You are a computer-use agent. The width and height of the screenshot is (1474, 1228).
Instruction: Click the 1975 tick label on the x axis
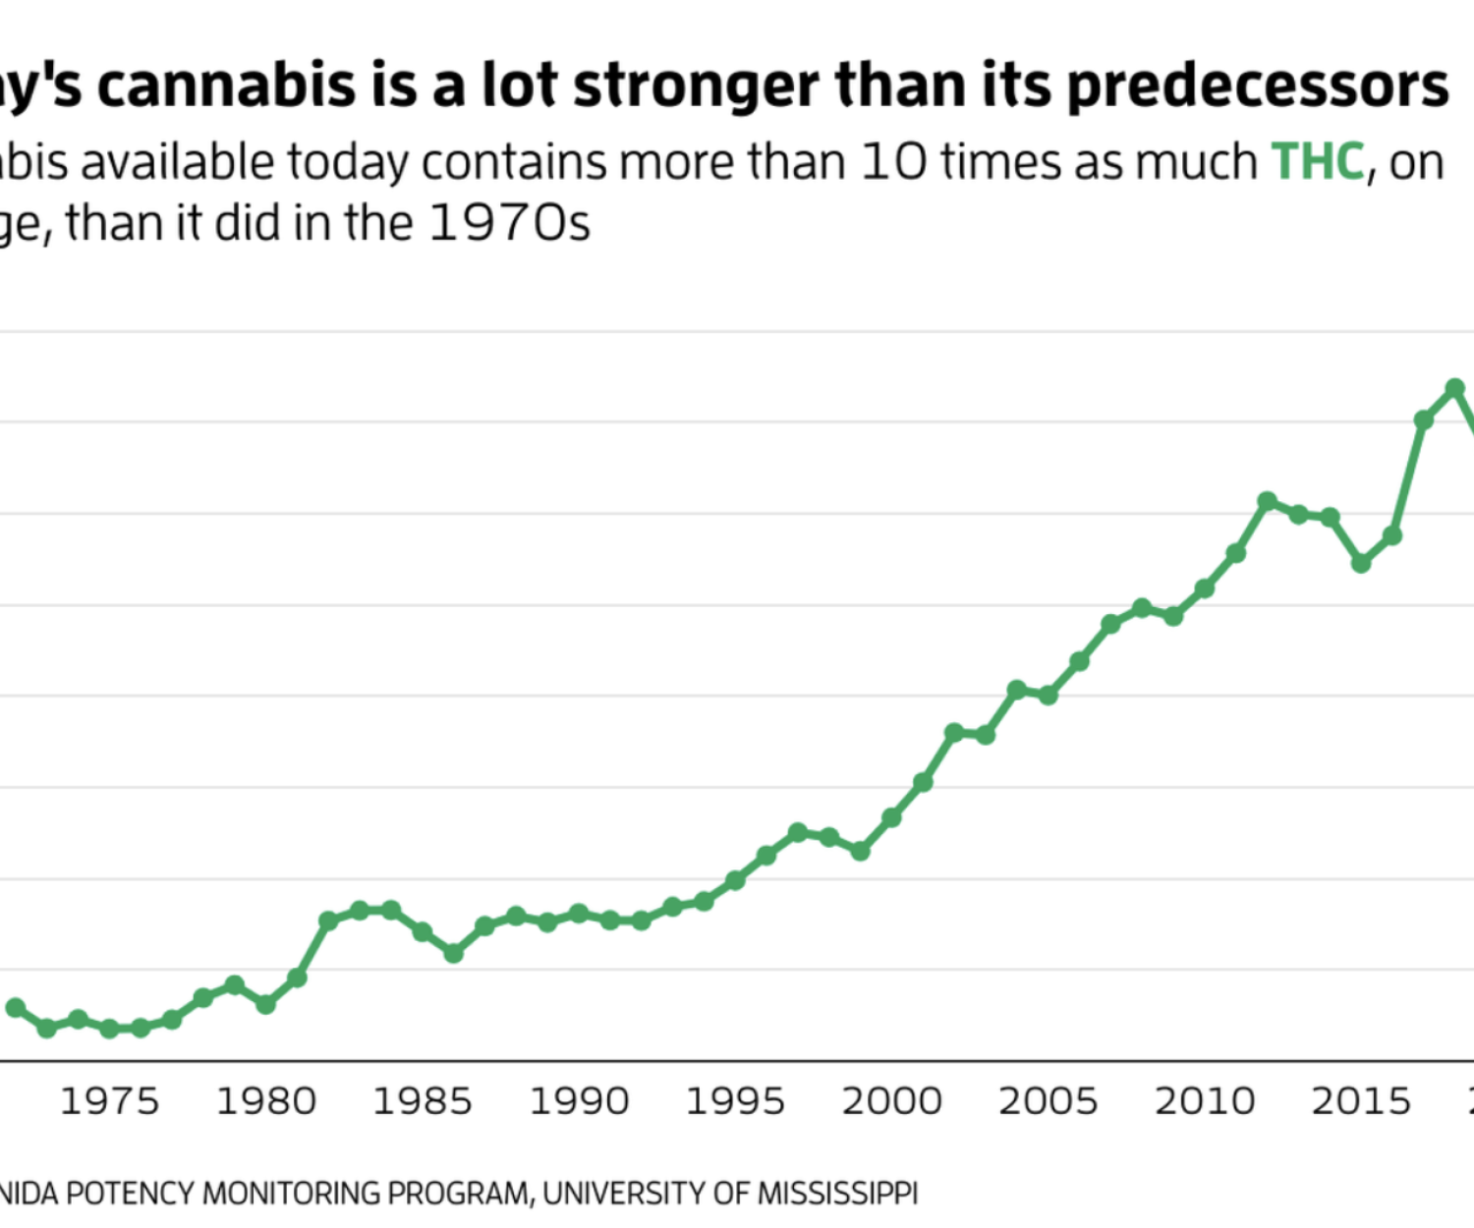pos(109,1101)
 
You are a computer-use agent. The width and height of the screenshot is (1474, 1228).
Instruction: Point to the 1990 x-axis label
pos(579,1101)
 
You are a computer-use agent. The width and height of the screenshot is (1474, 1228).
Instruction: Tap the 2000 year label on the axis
pos(891,1101)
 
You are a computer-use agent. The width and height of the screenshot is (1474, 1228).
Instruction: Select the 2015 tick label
pos(1361,1101)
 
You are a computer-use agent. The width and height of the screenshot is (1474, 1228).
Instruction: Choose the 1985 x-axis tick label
pos(423,1101)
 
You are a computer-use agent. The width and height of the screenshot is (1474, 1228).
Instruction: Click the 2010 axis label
pos(1205,1101)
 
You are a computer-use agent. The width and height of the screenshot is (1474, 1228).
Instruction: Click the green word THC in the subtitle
pos(1318,162)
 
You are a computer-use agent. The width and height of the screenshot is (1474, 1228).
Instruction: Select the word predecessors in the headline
pos(1258,85)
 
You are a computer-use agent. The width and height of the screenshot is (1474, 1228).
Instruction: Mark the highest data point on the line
pos(1455,388)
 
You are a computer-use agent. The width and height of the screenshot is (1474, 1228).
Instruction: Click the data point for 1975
pos(109,1029)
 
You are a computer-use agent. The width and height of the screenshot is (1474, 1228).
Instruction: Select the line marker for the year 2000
pos(891,817)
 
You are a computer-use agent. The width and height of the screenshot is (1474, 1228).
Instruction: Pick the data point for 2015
pos(1361,563)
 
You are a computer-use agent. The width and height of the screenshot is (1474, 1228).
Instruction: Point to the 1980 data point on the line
pos(265,1004)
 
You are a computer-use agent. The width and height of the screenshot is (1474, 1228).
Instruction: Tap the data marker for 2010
pos(1205,588)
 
